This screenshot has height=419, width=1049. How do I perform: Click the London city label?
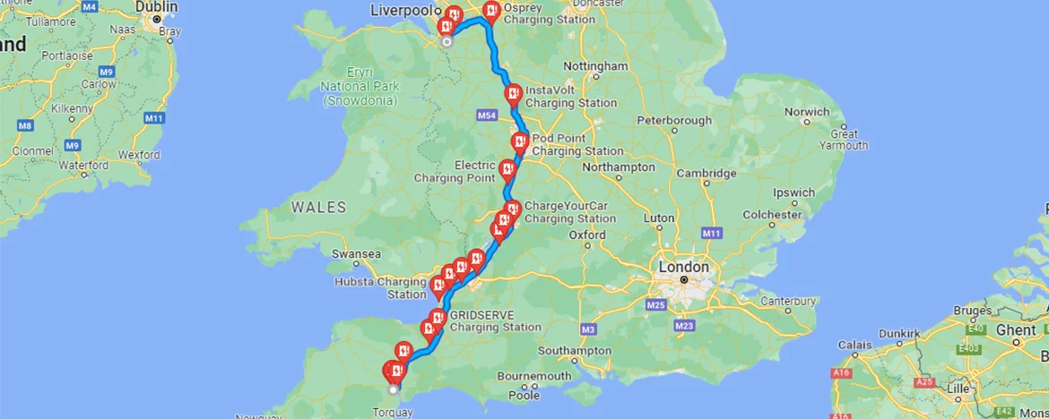pos(683,267)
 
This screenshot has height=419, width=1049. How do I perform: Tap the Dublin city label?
pos(156,6)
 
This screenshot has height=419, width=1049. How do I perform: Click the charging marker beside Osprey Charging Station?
pos(490,11)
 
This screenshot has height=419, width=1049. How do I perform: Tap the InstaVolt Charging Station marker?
pos(513,93)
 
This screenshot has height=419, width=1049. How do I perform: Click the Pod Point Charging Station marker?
pos(519,141)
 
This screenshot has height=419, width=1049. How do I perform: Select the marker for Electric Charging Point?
pos(507,167)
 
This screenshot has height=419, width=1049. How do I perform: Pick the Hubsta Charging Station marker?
pos(438,286)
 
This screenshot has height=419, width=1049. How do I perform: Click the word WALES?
pos(318,208)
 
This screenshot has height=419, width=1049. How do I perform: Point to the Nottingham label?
pos(595,66)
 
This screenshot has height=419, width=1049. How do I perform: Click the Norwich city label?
pos(807,112)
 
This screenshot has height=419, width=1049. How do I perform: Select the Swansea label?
pos(356,254)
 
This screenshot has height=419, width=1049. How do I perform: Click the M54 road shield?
pos(487,116)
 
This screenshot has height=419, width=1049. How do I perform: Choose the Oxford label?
pos(587,235)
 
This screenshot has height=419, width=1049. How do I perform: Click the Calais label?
pos(855,345)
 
